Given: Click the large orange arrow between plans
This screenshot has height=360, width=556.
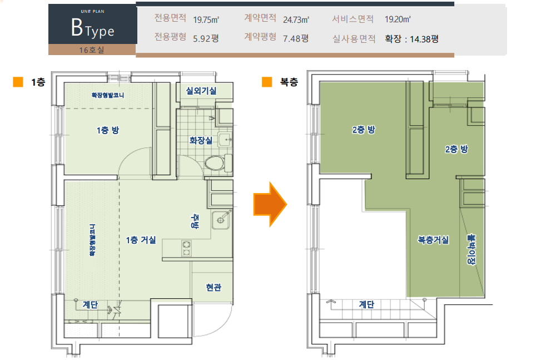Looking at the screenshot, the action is point(270,204).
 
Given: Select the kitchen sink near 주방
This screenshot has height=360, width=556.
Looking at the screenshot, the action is point(221,220).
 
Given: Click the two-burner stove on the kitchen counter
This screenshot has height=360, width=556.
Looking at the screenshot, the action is point(186,248).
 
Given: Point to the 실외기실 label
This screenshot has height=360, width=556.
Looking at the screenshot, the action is point(201,91).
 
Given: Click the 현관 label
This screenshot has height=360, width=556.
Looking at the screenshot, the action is point(214,287).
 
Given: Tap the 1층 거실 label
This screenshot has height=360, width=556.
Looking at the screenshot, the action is point(141,240).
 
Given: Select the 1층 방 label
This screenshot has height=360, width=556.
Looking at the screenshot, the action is point(108,130).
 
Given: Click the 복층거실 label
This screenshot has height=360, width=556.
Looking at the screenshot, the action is point(433,240).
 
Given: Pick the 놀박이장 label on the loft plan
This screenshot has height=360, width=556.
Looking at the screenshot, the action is point(471,249).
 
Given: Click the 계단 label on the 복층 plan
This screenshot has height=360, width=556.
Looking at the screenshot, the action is point(366,304).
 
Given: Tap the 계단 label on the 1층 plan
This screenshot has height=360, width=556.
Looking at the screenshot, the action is point(90,304).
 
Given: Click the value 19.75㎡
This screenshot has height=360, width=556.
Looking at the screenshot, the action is point(206,19).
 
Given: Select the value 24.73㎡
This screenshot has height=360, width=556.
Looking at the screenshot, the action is point(296,19).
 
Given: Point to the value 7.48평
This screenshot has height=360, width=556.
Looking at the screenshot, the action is point(296,38).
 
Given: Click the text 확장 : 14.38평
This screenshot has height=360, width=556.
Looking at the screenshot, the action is point(411,39).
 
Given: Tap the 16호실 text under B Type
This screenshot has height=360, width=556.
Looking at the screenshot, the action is point(92,50).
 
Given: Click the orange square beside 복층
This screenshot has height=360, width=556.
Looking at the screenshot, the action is point(267,82).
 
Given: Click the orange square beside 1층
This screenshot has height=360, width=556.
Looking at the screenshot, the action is point(18,82).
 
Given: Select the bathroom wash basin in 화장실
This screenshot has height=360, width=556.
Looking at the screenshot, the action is point(225,140).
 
